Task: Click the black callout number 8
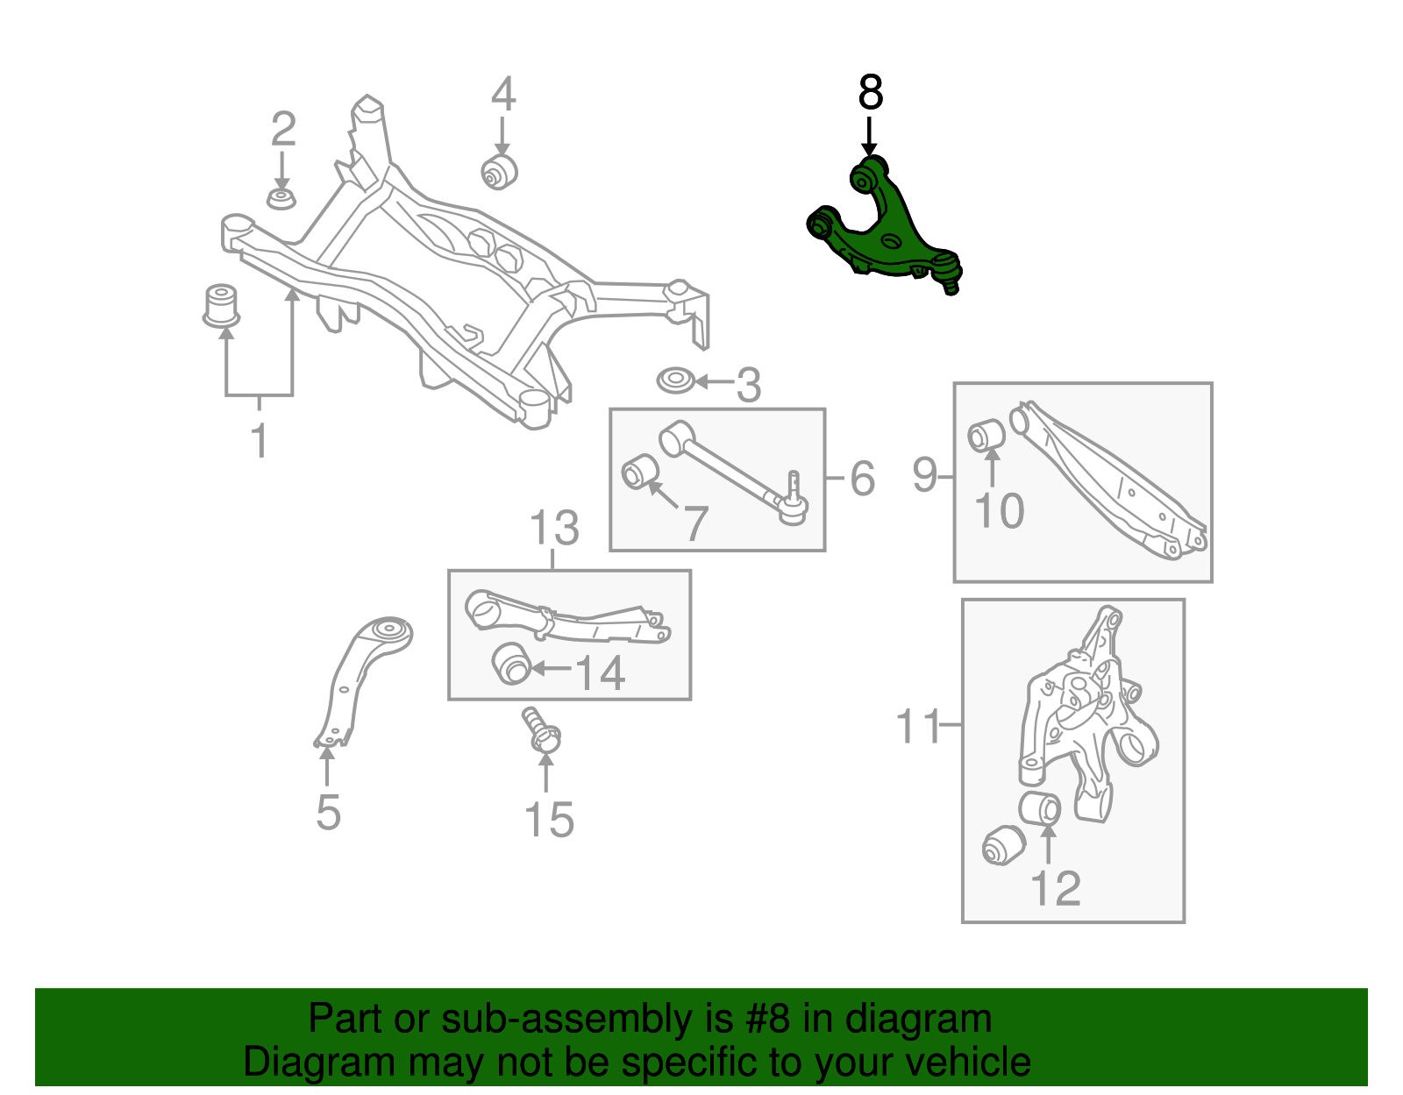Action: point(870,92)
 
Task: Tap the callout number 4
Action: point(502,95)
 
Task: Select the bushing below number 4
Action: point(500,171)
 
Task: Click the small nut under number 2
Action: point(281,198)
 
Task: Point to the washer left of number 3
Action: point(676,382)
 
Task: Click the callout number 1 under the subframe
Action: point(259,439)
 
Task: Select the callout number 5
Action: point(328,813)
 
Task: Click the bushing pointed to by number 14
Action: point(512,664)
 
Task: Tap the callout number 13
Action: point(554,529)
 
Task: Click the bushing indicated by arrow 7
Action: point(638,473)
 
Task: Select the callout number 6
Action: point(862,479)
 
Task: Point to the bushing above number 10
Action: point(986,435)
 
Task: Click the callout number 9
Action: point(924,475)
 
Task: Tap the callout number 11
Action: point(918,727)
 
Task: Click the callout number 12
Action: point(1056,889)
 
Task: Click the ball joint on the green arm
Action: point(948,272)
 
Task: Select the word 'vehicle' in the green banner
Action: point(967,1062)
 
